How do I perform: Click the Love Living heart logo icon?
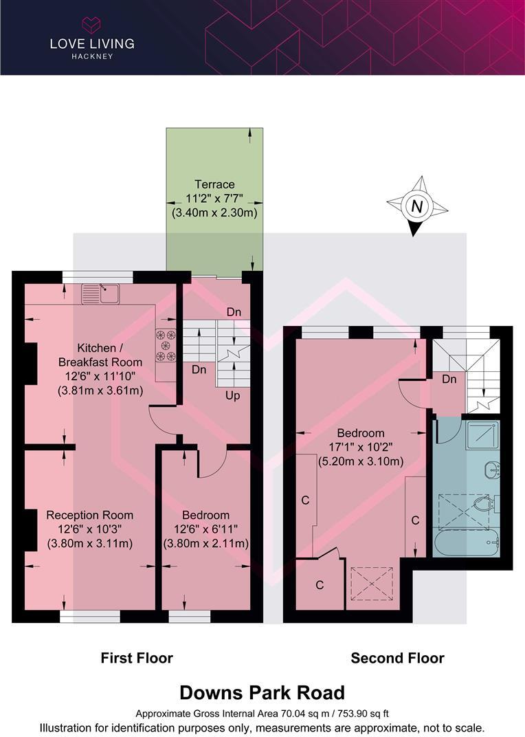pos(91,25)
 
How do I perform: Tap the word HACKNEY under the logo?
pos(91,56)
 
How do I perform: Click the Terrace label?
pos(214,184)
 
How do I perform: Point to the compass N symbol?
pos(416,206)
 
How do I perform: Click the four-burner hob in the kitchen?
pos(166,346)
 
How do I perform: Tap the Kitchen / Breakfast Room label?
pos(100,355)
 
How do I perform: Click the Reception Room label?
pos(89,515)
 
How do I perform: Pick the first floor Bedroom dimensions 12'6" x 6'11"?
pos(205,529)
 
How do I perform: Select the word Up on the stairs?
pos(232,397)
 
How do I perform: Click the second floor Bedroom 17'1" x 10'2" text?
pos(360,448)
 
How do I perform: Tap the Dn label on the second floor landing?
pos(449,379)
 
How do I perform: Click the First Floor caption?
pos(137,658)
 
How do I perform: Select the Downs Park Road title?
pos(262,692)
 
